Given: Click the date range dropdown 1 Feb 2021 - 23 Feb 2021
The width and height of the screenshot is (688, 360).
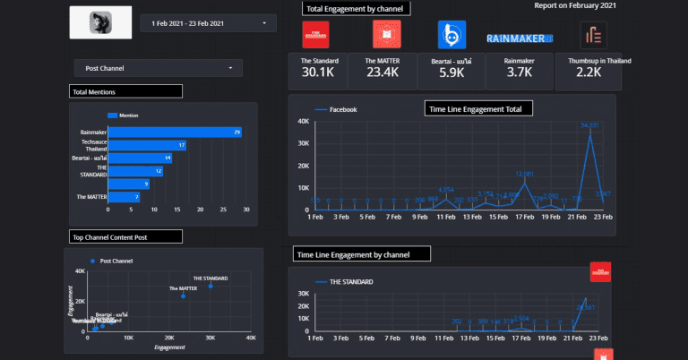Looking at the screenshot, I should (x=209, y=21).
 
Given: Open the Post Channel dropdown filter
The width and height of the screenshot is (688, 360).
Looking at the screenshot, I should (x=158, y=68).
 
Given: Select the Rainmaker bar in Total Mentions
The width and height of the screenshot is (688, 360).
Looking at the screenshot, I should (x=175, y=133).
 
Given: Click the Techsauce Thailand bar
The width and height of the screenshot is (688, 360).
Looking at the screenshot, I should (x=147, y=145).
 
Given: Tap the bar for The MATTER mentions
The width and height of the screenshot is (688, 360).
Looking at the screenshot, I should (x=124, y=196).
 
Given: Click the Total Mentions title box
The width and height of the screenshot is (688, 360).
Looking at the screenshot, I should (x=125, y=91).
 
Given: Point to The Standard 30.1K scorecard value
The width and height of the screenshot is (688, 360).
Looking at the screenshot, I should (x=320, y=73).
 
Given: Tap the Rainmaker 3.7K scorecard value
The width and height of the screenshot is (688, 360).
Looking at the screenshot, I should (x=519, y=73).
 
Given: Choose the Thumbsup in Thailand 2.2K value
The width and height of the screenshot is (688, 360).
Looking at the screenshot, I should (x=589, y=73).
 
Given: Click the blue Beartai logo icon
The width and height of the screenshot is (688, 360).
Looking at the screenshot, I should (x=451, y=35).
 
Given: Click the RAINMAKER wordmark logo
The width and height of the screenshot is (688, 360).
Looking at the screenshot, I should (x=520, y=38).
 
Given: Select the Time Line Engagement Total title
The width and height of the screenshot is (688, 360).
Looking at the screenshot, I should (x=478, y=108).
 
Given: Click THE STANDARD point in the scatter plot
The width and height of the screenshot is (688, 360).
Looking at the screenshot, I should (x=211, y=286).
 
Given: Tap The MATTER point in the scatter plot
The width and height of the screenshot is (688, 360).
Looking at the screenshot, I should (x=184, y=296).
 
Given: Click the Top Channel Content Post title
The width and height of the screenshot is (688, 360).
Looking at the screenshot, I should (x=125, y=236).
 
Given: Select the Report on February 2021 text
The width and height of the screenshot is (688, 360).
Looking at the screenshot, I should (x=574, y=5).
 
